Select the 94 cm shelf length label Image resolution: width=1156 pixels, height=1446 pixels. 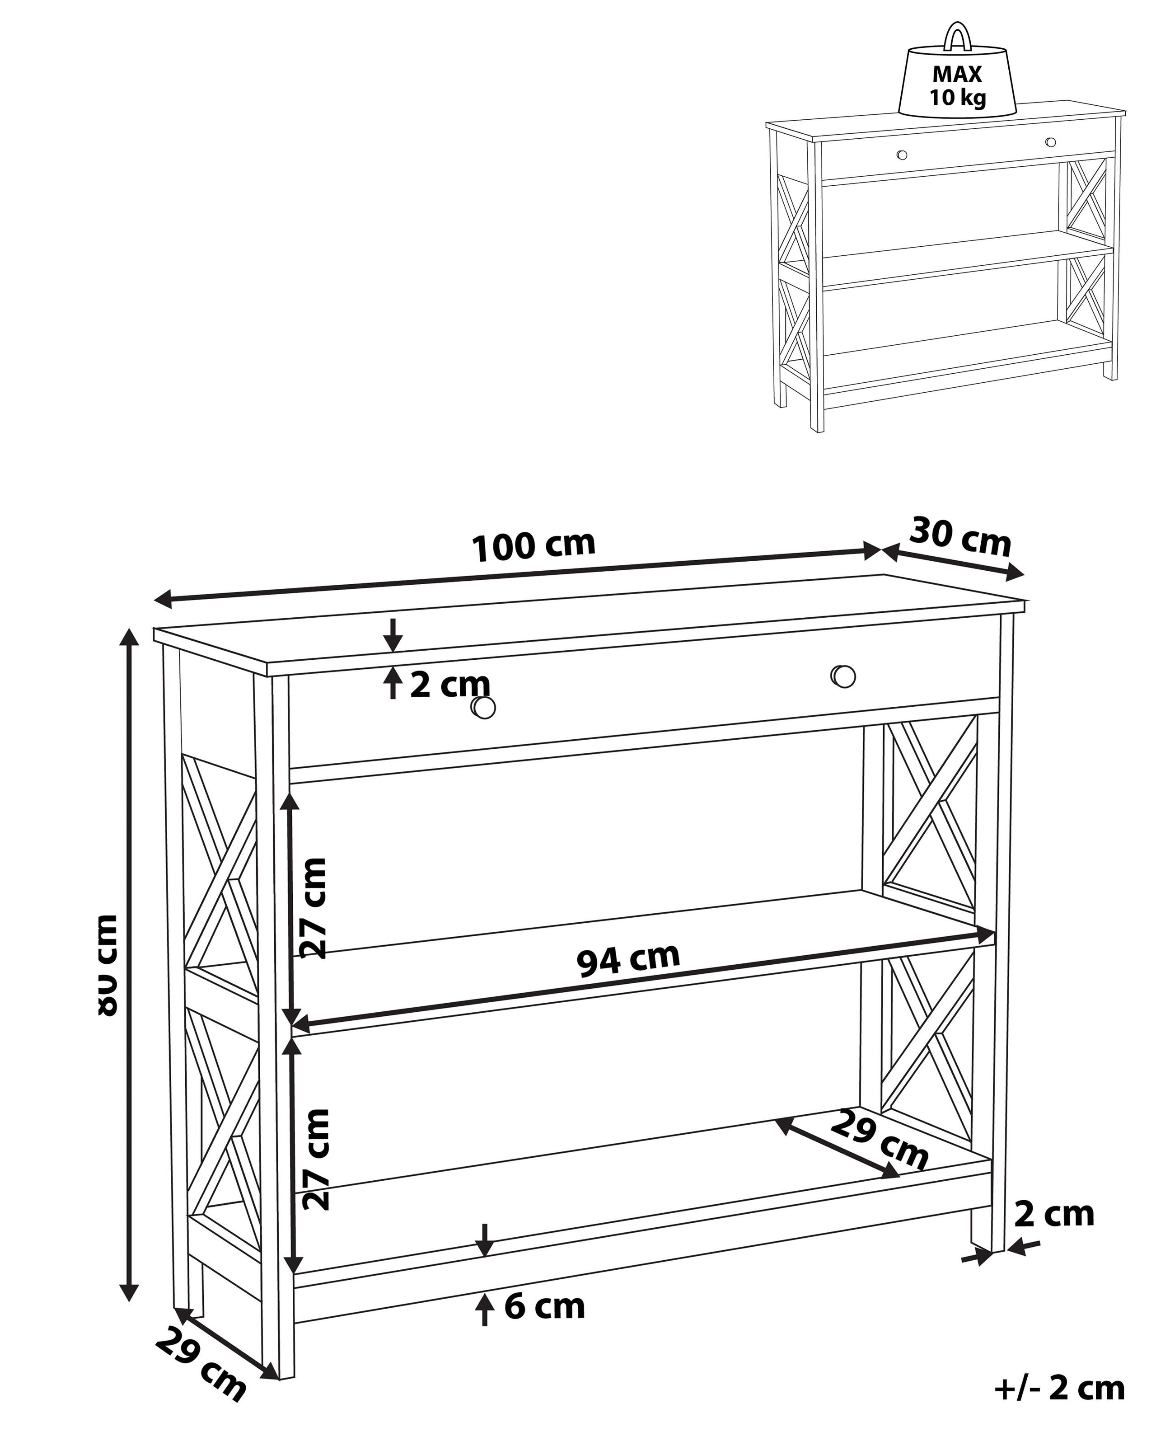click(x=628, y=960)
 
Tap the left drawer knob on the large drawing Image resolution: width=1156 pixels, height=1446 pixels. click(x=483, y=707)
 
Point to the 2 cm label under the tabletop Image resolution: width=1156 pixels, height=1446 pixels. click(x=450, y=685)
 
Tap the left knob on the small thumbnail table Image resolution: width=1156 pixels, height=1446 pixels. click(x=902, y=155)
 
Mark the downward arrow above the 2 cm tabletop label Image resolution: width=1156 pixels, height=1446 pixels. click(x=393, y=634)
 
